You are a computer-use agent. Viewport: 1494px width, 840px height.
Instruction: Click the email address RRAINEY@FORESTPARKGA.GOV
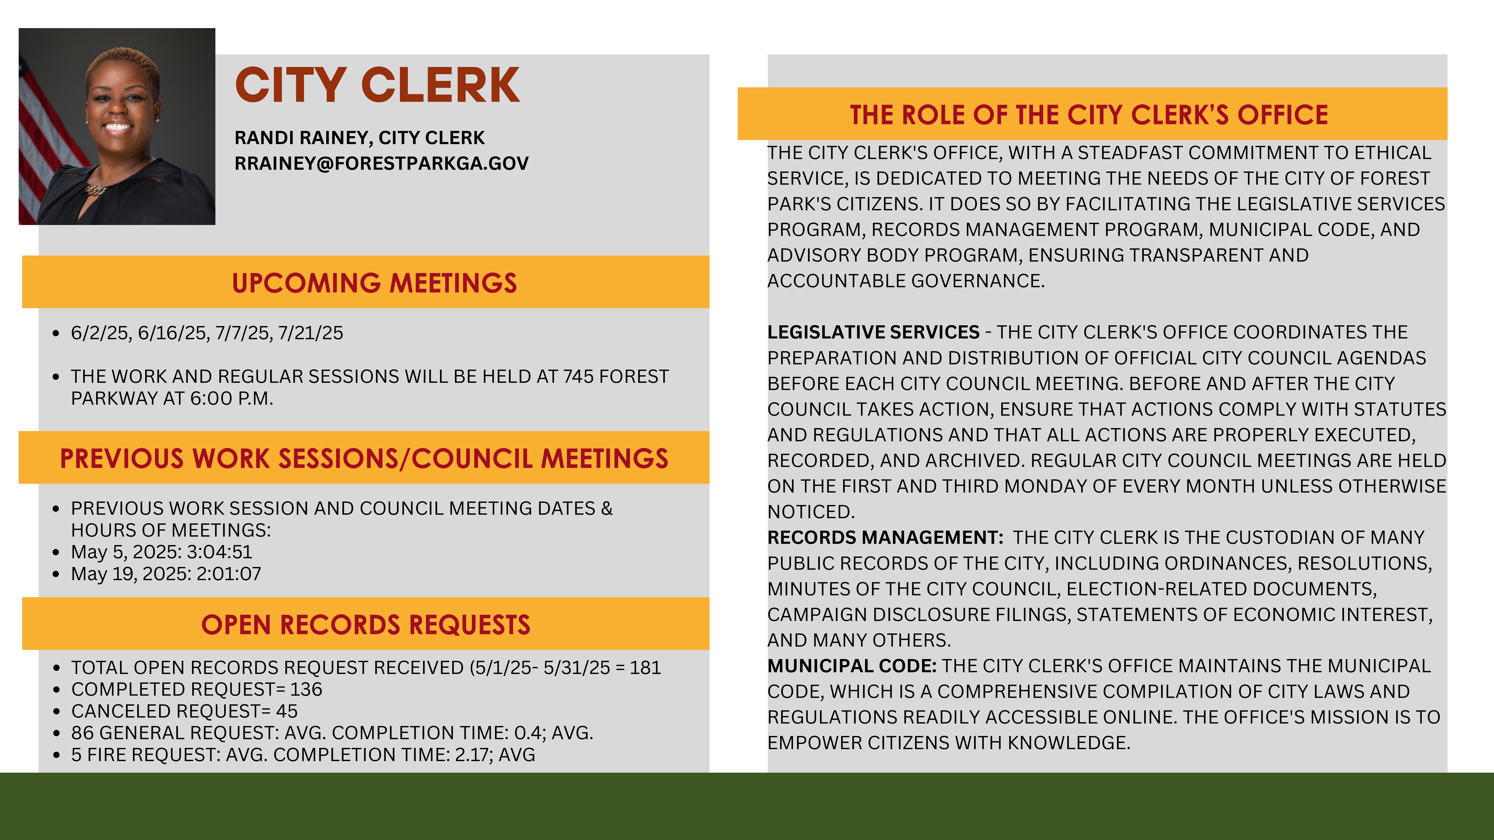coord(381,164)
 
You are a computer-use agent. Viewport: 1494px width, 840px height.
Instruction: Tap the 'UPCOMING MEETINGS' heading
coord(374,283)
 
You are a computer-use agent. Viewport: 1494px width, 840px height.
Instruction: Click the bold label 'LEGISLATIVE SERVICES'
coord(873,332)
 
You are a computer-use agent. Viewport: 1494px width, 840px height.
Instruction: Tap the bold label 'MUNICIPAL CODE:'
coord(851,666)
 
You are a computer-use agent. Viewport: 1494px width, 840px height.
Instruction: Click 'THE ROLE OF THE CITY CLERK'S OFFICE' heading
coord(1089,115)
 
